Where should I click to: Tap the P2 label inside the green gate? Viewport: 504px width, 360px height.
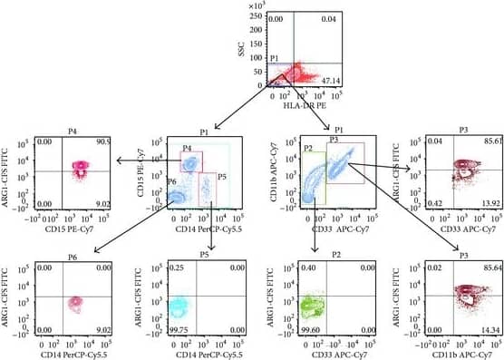tap(308, 148)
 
